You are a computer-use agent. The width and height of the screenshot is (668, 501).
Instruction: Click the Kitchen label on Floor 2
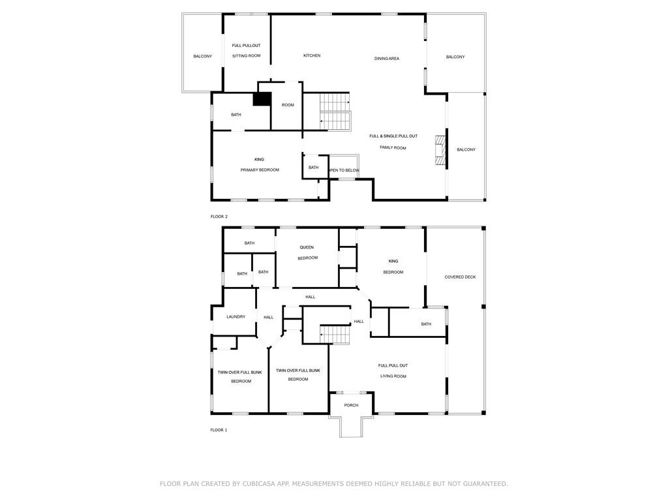tap(312, 56)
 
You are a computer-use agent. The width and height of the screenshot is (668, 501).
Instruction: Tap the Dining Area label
tap(387, 59)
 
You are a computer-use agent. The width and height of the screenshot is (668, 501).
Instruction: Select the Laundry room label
tap(236, 317)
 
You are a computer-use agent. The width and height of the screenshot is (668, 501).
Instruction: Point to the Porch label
tap(351, 406)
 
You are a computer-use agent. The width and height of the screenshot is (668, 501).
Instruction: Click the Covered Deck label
tap(460, 277)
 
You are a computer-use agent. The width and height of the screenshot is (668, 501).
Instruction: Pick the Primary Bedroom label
tap(260, 170)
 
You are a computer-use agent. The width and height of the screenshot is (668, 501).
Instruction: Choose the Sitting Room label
tap(246, 56)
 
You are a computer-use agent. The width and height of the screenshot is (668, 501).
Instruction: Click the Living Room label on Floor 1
tap(393, 376)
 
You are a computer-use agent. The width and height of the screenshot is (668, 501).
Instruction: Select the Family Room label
tap(393, 148)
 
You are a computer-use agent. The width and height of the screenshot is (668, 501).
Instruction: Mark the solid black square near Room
tap(262, 99)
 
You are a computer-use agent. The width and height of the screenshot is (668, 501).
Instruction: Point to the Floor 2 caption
tap(219, 217)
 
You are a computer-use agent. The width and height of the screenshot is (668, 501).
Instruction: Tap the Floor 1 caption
tap(219, 431)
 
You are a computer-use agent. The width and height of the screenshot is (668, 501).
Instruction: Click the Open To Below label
tap(344, 170)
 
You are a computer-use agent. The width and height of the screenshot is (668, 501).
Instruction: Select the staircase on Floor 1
tap(335, 335)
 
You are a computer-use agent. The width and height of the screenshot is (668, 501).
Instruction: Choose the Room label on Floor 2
tap(288, 105)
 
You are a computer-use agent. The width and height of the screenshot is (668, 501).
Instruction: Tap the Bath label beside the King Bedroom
tap(426, 324)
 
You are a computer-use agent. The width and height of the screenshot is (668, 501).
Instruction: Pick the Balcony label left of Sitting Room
tap(203, 56)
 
